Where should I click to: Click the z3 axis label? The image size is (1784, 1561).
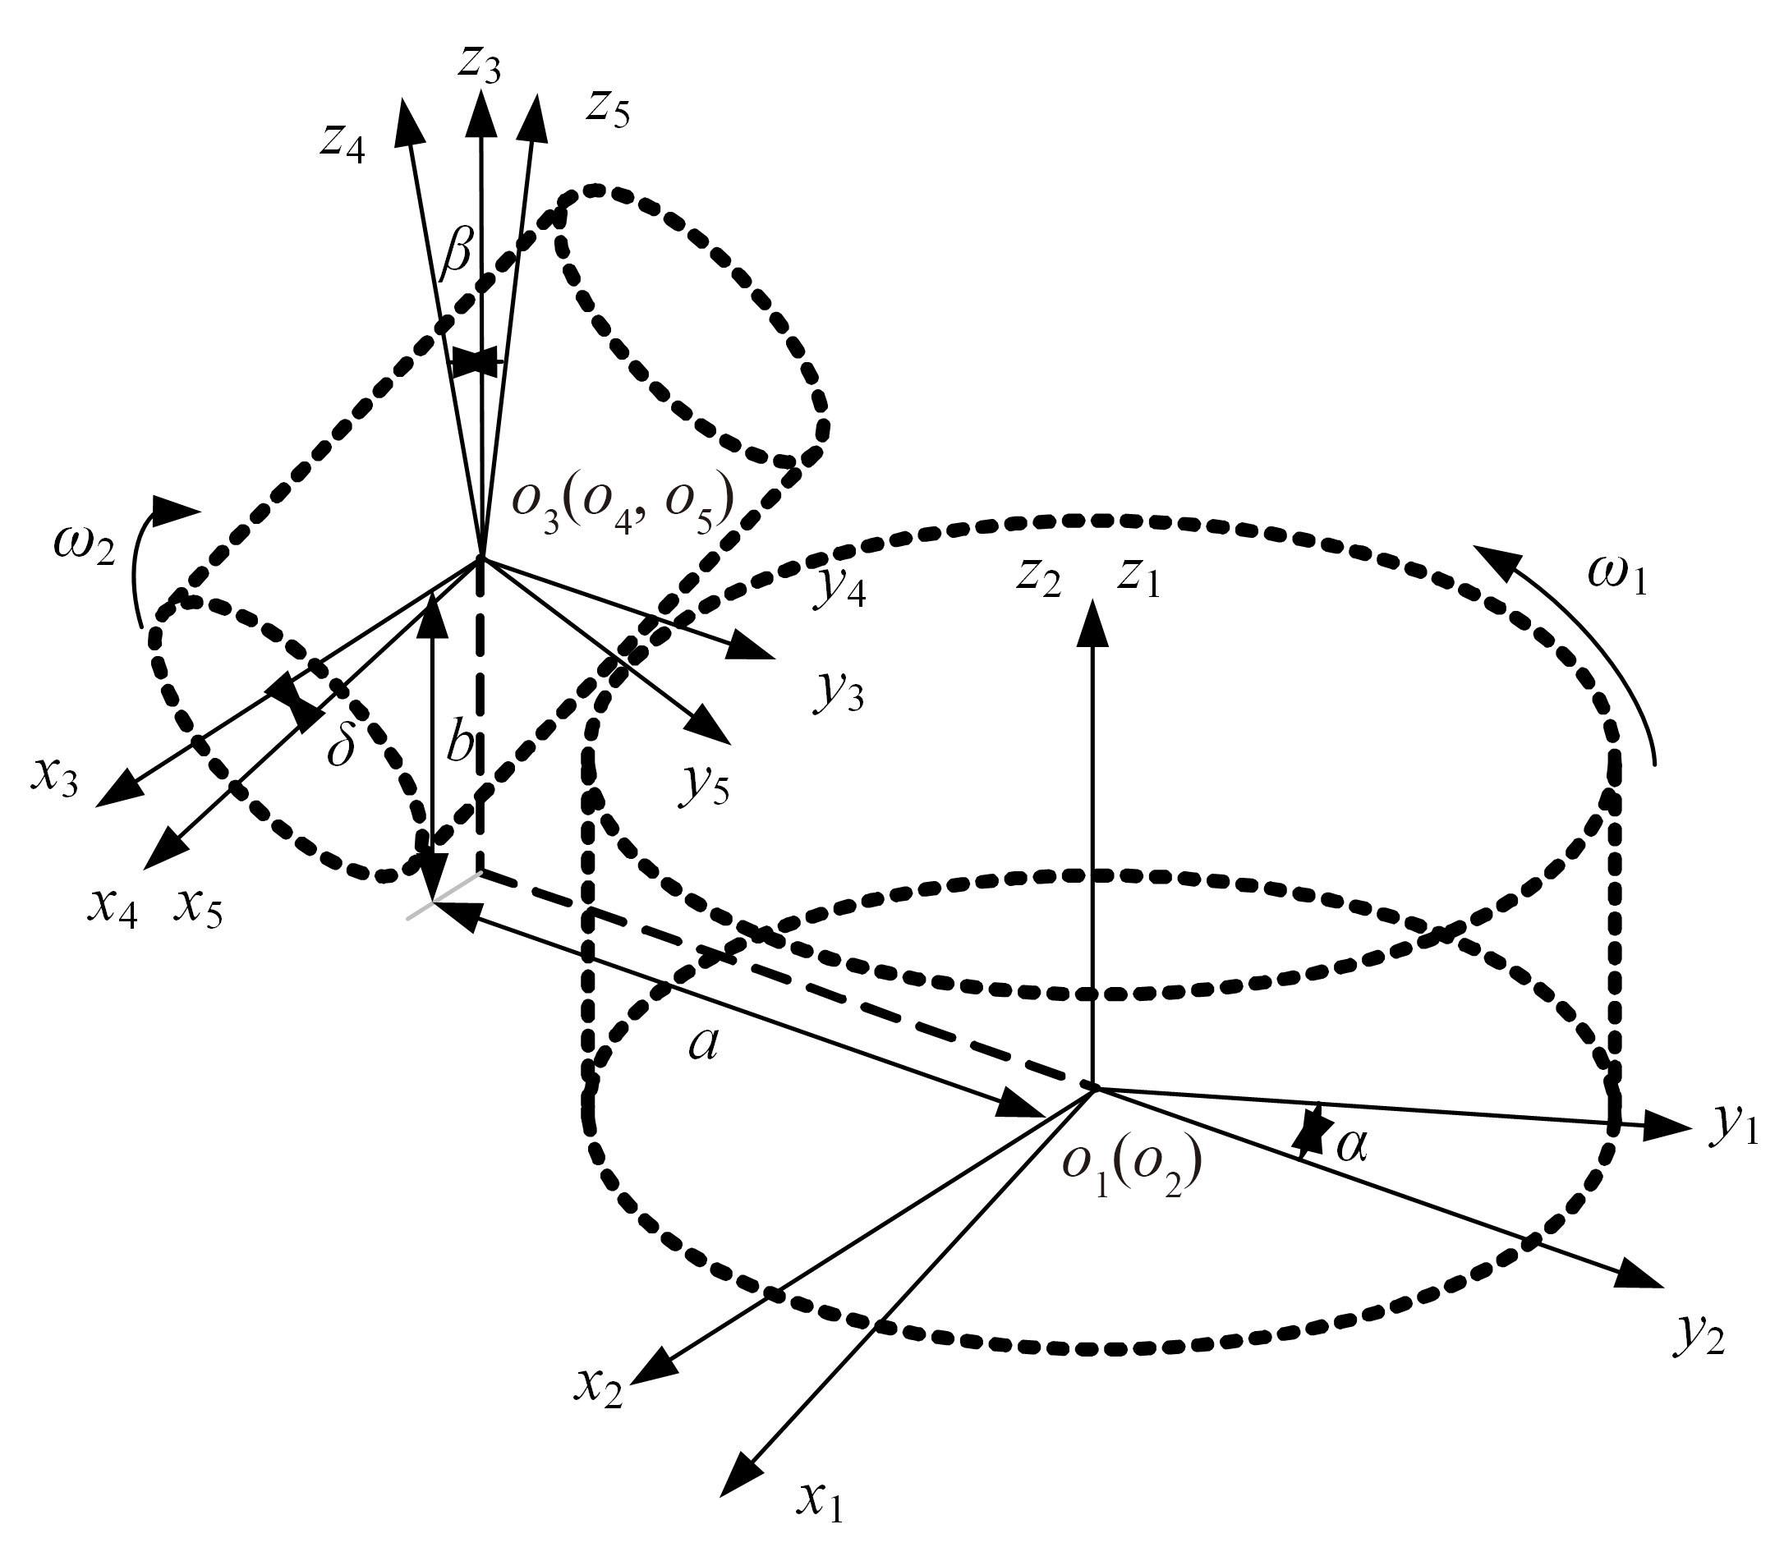[479, 65]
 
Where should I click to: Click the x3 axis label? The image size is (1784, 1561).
[55, 777]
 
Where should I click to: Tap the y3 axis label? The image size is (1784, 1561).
[839, 692]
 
